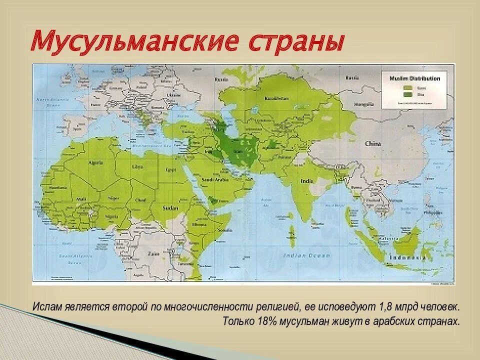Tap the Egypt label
click(171, 169)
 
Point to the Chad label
click(140, 199)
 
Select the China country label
click(372, 144)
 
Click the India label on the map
click(305, 180)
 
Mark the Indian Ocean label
click(307, 255)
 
